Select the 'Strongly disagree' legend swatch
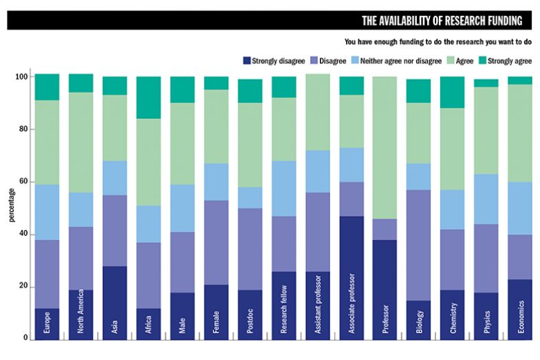(246, 61)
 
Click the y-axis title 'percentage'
(11, 207)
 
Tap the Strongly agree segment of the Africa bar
(149, 97)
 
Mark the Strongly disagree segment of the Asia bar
(115, 289)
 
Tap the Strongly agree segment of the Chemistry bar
(453, 92)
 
